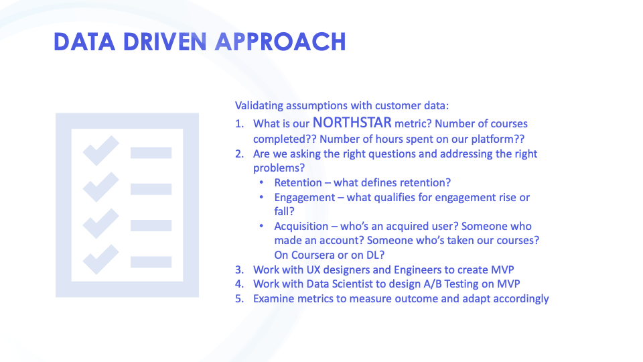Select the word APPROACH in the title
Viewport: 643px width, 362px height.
click(x=281, y=42)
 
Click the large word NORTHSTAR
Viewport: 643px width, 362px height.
click(x=352, y=123)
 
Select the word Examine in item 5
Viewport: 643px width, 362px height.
click(x=273, y=298)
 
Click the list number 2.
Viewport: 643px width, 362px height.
click(x=239, y=154)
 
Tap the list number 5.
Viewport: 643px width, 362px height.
click(x=239, y=298)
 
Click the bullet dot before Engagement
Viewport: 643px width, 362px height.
click(x=261, y=197)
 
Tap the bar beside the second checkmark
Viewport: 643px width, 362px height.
click(x=151, y=189)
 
